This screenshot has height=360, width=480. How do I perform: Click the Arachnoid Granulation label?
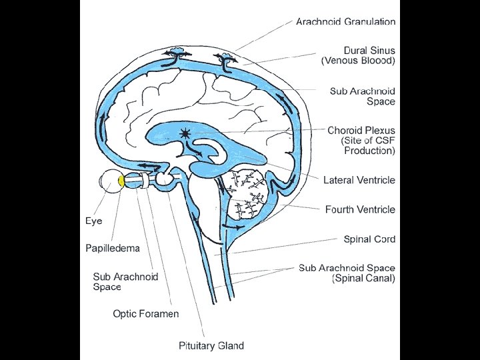(x=346, y=21)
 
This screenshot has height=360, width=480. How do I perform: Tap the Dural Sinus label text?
(x=369, y=50)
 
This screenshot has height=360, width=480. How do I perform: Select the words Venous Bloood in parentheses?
(x=359, y=61)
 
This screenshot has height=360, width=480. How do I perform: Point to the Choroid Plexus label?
(x=361, y=131)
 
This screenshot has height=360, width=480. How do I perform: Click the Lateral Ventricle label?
(x=359, y=180)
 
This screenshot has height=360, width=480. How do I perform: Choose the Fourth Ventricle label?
(x=360, y=209)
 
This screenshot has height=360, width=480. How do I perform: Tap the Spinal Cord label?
(x=369, y=239)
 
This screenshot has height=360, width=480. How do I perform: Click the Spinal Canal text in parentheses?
(x=364, y=278)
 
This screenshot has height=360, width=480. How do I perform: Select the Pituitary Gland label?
(x=211, y=345)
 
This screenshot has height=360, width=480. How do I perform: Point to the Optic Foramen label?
(x=146, y=313)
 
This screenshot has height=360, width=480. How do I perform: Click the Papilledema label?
(x=113, y=248)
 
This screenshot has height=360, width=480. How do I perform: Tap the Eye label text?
(x=94, y=220)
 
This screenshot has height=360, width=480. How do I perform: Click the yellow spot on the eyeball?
(x=122, y=181)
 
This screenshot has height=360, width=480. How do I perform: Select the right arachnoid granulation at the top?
(x=228, y=62)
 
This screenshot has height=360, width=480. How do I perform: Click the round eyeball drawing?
(x=110, y=181)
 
